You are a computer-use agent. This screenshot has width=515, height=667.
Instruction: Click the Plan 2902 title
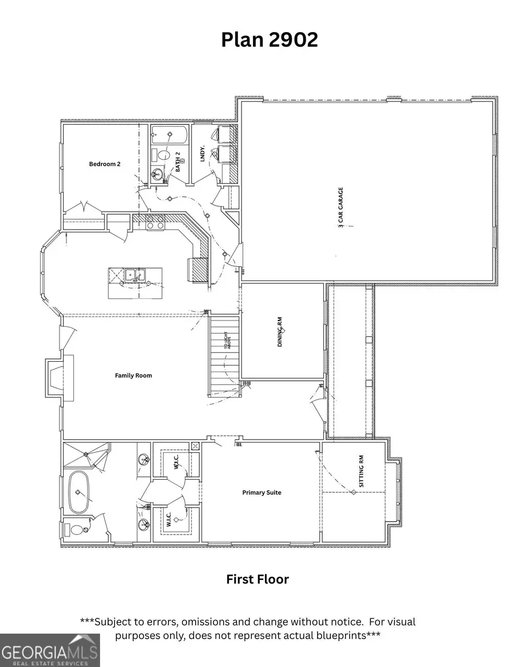click(x=270, y=40)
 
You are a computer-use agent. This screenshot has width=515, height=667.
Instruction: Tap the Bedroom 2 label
click(x=105, y=164)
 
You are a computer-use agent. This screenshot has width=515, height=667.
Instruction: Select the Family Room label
click(x=133, y=376)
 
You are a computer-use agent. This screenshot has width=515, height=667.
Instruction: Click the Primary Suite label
click(x=262, y=492)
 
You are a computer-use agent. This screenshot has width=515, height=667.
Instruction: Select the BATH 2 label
click(x=178, y=162)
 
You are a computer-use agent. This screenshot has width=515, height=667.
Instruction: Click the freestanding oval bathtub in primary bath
click(x=78, y=492)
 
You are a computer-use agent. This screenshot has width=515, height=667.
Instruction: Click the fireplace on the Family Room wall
click(x=56, y=377)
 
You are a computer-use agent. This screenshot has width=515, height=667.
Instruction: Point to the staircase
click(x=223, y=355)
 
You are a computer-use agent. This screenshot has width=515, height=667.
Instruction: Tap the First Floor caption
click(x=257, y=579)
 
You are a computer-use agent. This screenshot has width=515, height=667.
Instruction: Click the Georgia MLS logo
click(x=50, y=650)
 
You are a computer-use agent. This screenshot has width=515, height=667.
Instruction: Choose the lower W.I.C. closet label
click(x=170, y=520)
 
